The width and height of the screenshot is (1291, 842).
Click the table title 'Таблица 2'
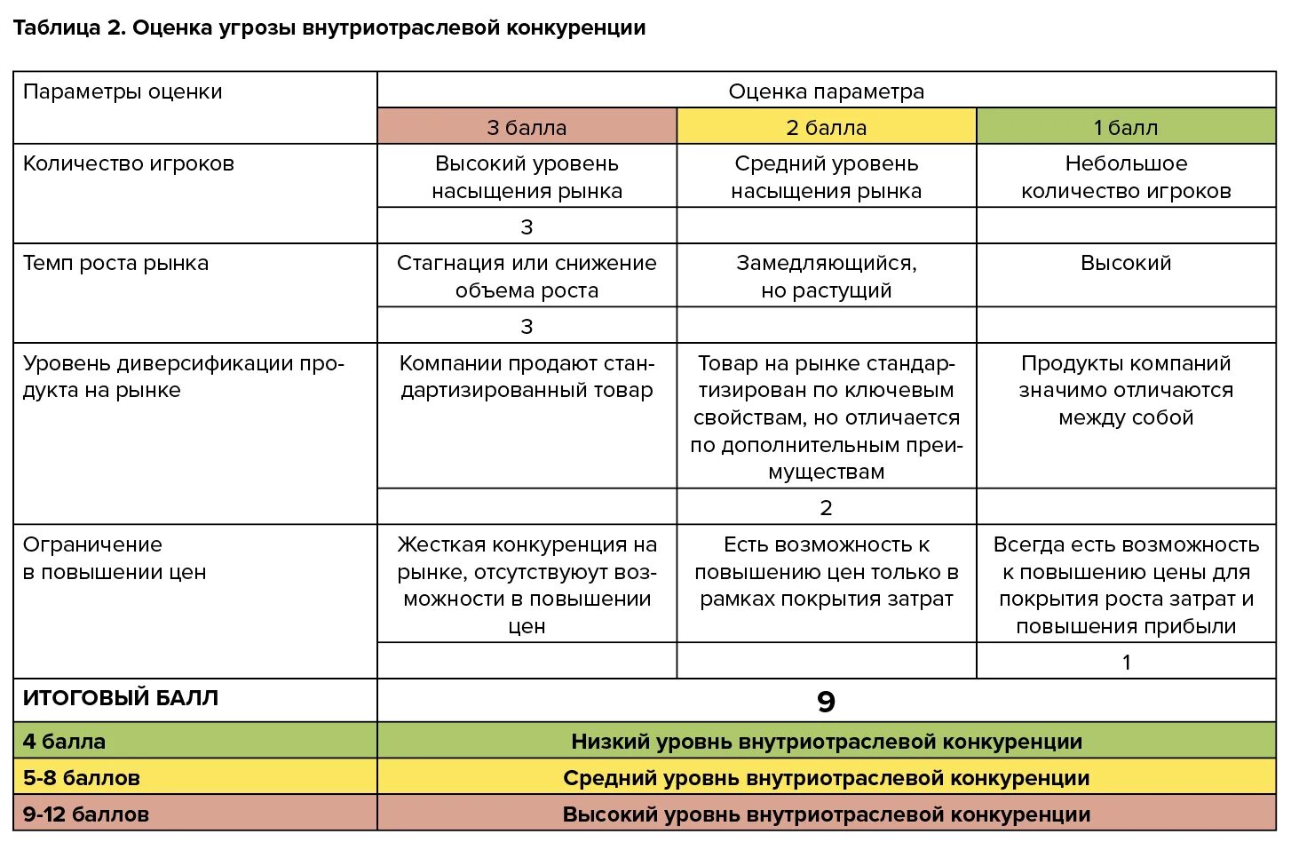67,28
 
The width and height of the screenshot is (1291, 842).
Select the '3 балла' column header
527,127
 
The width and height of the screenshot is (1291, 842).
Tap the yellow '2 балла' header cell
826,127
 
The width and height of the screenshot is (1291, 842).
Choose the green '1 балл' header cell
1125,127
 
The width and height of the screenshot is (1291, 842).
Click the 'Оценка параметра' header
826,91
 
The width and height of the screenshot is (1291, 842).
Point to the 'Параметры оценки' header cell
123,92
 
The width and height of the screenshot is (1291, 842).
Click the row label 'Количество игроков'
129,163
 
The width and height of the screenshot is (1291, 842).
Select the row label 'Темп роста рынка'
115,263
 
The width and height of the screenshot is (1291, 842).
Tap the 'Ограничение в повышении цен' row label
114,558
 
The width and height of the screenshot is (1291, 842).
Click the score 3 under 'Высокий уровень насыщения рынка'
527,226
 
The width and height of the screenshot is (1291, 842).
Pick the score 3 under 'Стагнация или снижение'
527,326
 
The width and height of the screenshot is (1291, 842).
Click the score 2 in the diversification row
826,507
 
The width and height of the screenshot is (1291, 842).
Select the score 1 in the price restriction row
1126,662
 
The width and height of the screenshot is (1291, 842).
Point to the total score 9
826,702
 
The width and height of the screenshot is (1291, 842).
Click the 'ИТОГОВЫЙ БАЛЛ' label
121,698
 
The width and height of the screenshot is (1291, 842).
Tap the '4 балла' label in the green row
64,741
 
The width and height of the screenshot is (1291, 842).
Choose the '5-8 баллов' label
82,778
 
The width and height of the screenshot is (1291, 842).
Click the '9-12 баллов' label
86,814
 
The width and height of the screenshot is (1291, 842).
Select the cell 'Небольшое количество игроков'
1126,177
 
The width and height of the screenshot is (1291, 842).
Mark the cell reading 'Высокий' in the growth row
1126,263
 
